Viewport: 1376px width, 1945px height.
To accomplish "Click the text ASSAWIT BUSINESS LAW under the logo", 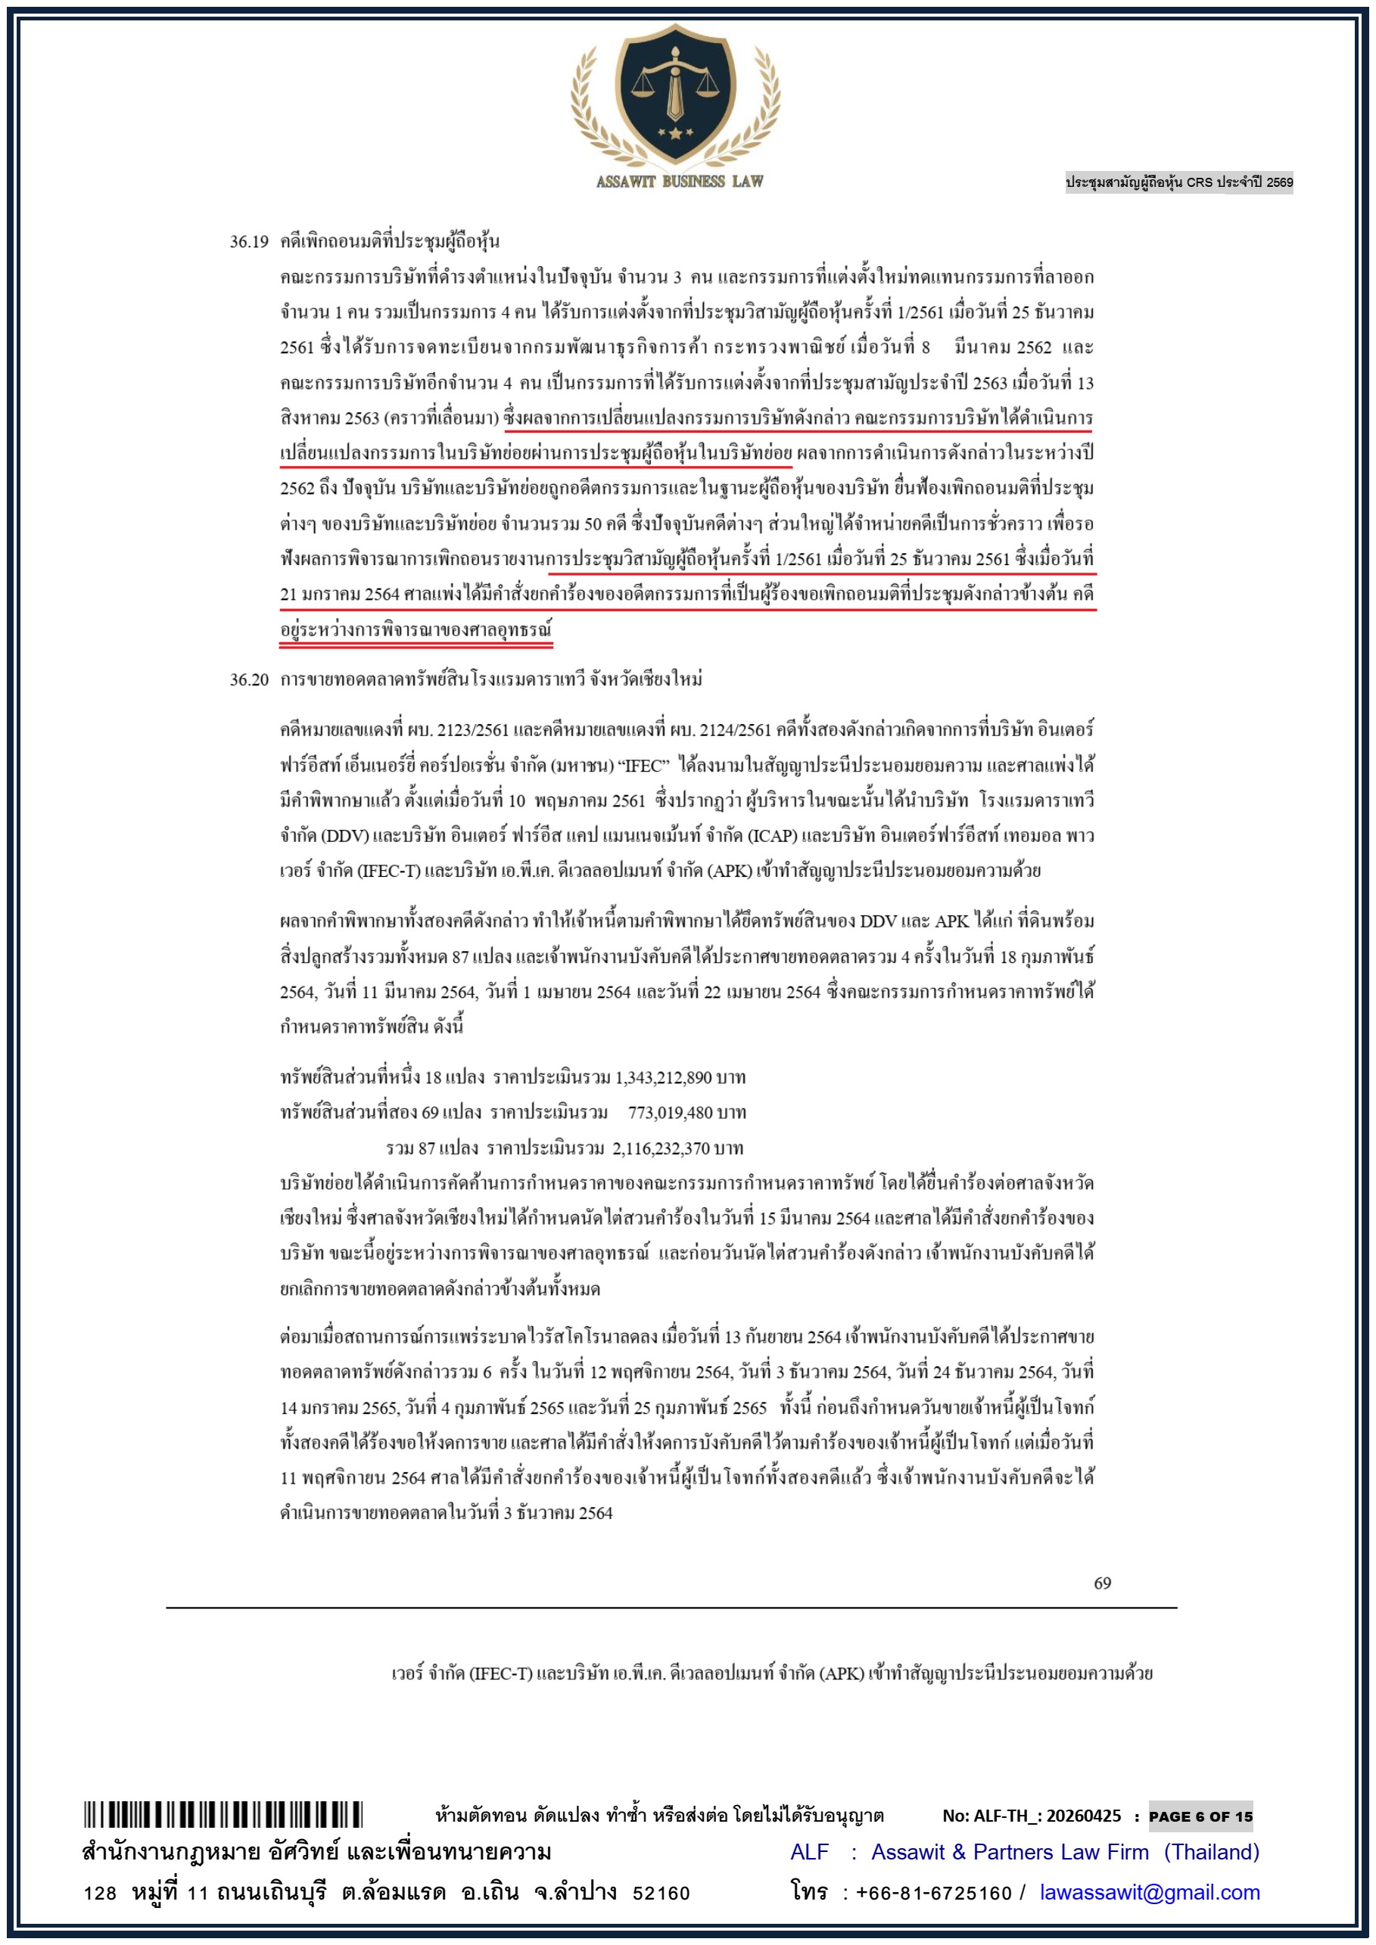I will [680, 182].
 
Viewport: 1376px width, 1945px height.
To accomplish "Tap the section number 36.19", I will [248, 242].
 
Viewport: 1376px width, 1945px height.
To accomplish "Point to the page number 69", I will [1101, 1583].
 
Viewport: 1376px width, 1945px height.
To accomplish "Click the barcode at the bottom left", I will [223, 1815].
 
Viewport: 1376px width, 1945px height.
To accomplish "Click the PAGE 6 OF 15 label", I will [1200, 1816].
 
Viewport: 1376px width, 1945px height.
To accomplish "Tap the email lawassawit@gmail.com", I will [1149, 1891].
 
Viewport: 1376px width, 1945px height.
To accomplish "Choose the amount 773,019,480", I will [672, 1112].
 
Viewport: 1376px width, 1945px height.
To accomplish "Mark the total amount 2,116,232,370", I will [661, 1148].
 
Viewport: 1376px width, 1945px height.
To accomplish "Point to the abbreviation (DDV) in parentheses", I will [345, 836].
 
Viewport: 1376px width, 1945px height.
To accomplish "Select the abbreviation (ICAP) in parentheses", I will [771, 836].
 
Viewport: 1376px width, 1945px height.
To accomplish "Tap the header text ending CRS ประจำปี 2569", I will [1178, 182].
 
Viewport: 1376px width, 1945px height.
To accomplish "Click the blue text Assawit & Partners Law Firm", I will [1010, 1852].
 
